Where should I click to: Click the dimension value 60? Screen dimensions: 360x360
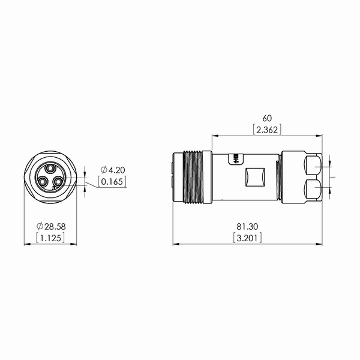(x=267, y=118)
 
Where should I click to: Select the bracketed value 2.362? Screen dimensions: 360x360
(x=267, y=130)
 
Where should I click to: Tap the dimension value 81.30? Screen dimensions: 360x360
(x=247, y=227)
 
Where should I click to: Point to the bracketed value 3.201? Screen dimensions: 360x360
(x=247, y=238)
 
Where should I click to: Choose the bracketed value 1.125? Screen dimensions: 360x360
(x=50, y=238)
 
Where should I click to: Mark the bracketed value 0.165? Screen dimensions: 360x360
(x=112, y=182)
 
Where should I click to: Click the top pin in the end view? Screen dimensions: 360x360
(x=50, y=169)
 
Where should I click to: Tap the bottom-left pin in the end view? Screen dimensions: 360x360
(x=43, y=182)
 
